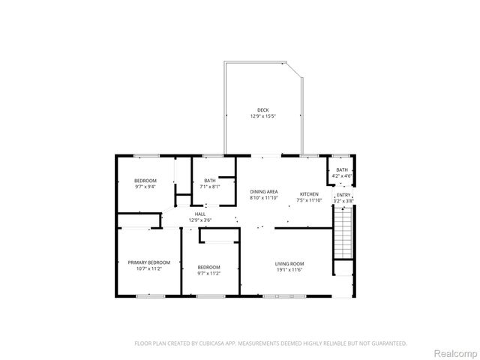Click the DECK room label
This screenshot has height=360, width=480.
pyautogui.click(x=262, y=110)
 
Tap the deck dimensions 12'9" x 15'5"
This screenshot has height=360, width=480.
pyautogui.click(x=262, y=117)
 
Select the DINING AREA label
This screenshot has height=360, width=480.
pyautogui.click(x=263, y=192)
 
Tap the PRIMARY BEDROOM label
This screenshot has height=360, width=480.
pyautogui.click(x=144, y=262)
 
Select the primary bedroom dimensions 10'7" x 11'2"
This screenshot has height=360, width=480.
pyautogui.click(x=144, y=268)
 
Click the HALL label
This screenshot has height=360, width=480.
pyautogui.click(x=199, y=214)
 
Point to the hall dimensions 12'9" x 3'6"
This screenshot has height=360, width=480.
pyautogui.click(x=199, y=220)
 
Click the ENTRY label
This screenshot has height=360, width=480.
pyautogui.click(x=342, y=195)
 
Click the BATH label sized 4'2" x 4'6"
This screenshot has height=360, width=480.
pyautogui.click(x=342, y=170)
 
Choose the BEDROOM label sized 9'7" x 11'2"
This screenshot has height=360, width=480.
pyautogui.click(x=208, y=267)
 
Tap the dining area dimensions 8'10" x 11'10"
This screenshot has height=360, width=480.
pyautogui.click(x=263, y=199)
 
